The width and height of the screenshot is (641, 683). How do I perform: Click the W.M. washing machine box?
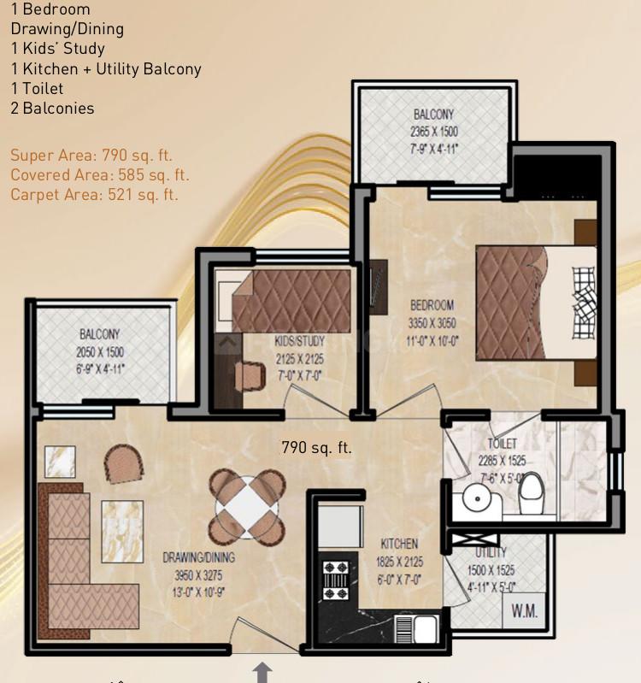point(524,609)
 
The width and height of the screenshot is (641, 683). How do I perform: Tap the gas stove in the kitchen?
point(335,580)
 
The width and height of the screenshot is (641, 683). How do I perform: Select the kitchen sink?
point(417,629)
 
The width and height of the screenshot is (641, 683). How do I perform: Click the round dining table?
point(247,506)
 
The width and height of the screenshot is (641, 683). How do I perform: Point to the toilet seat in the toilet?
point(532,493)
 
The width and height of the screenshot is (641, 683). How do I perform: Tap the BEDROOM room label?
point(432,305)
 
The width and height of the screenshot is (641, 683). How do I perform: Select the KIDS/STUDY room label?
point(300,341)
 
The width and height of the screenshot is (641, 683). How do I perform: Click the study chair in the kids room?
point(250,377)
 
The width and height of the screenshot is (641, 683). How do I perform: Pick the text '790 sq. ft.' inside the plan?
point(316,447)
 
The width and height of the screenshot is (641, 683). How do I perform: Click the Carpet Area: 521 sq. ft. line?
point(95,195)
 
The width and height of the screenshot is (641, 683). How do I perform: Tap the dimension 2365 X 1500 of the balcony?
point(434,132)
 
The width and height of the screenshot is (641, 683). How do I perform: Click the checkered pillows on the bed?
point(584,303)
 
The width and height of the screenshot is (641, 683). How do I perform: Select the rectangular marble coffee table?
point(122,532)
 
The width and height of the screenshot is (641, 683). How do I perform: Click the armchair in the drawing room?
point(124,464)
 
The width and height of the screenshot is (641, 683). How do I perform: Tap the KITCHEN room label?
point(399,544)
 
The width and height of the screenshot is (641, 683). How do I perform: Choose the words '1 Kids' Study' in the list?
point(58,49)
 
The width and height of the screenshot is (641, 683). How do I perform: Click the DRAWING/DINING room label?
point(198,557)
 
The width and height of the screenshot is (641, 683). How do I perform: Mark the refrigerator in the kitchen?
point(340,527)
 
